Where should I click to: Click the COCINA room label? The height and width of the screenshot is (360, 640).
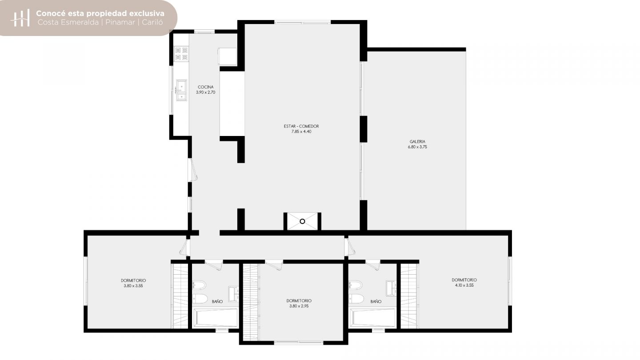coord(205,87)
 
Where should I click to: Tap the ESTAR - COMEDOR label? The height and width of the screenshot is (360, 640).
coord(301,126)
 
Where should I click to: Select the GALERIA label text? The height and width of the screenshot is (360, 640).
coord(417,142)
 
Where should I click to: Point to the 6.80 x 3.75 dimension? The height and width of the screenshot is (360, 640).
coord(417,147)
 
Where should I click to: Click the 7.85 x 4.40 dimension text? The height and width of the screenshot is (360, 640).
coord(301,132)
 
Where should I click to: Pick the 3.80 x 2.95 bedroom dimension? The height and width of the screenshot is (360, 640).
coord(299,306)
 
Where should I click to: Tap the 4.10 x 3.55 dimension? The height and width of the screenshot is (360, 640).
coord(464,285)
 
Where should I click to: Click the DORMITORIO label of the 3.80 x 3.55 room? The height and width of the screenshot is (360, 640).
coord(133,280)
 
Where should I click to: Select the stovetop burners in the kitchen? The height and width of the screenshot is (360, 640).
coord(181,54)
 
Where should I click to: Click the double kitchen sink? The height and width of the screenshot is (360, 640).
coord(181,90)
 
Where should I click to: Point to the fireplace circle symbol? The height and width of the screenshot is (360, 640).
coord(302,221)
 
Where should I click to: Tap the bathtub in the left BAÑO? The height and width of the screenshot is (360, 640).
coord(216,317)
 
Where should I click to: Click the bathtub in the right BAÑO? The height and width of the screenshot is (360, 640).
coord(373,317)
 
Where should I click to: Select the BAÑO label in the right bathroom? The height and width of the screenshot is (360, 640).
coord(376,301)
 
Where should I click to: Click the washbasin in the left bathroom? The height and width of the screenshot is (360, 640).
coord(234,293)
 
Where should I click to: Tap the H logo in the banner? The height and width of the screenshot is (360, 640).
coord(20,18)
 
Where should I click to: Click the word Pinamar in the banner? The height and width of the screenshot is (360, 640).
coord(120,22)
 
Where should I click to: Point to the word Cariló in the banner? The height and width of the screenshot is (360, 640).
coord(152,22)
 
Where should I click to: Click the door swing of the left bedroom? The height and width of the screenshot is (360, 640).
coord(184,248)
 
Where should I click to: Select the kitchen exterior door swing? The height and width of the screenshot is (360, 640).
coord(193,170)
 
